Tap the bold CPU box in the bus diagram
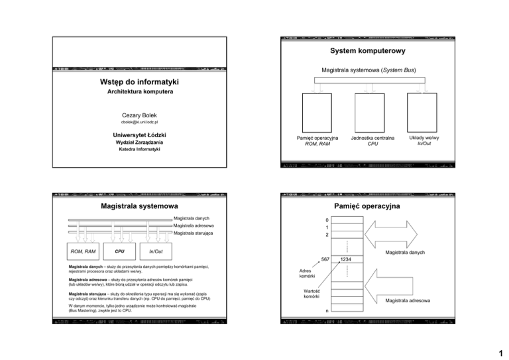click(119, 252)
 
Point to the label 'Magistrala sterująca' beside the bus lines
click(192, 233)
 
